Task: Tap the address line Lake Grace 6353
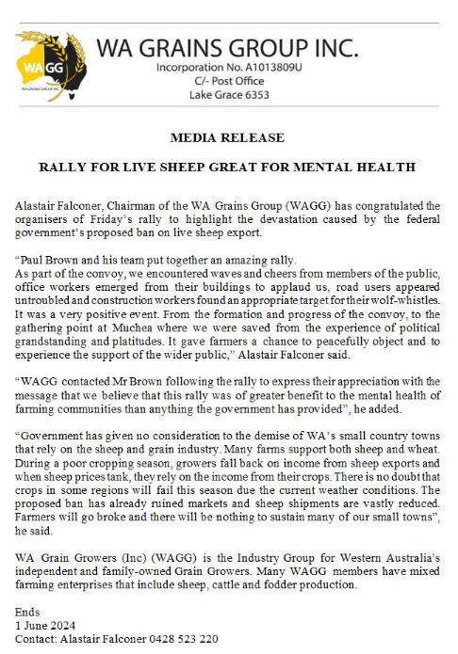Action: click(x=228, y=95)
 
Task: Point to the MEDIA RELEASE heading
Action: click(x=226, y=137)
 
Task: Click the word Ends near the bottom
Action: click(x=28, y=613)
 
